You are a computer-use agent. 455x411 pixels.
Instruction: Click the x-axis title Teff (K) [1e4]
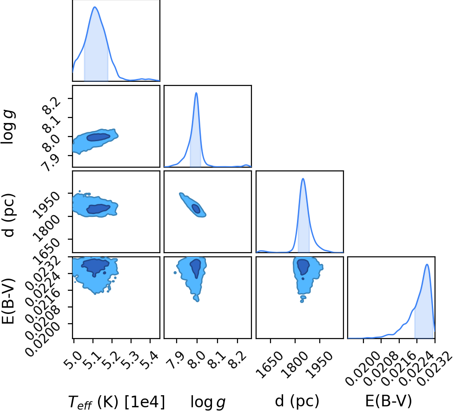116,402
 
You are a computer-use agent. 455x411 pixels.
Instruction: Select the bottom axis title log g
208,402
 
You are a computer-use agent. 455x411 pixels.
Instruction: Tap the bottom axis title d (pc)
297,401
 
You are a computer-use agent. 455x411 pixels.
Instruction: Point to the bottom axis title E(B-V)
389,401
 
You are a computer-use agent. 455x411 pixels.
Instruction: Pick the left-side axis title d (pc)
9,215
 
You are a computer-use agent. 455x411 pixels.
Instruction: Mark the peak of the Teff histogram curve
95,7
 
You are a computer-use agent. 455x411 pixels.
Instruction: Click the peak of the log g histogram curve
197,93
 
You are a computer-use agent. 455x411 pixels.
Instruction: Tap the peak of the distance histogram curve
303,178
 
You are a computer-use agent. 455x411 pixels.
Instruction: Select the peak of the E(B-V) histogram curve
427,264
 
